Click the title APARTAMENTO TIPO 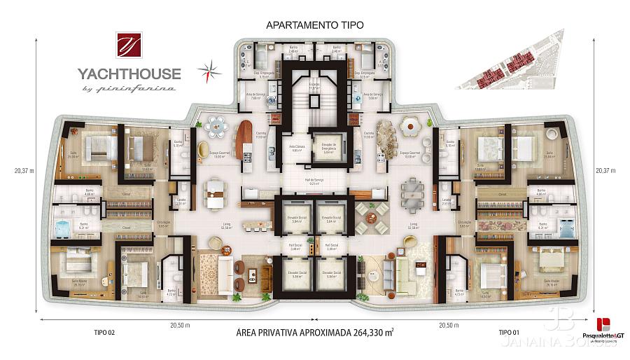[x=314, y=25]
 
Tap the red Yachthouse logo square [x=129, y=46]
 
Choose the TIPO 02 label [x=104, y=332]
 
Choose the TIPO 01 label [x=509, y=332]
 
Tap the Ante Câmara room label [x=296, y=148]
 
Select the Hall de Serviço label [x=314, y=181]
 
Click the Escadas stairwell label [x=314, y=85]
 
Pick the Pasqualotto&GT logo [x=603, y=329]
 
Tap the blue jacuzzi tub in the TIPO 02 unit [x=64, y=228]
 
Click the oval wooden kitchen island [x=245, y=139]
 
